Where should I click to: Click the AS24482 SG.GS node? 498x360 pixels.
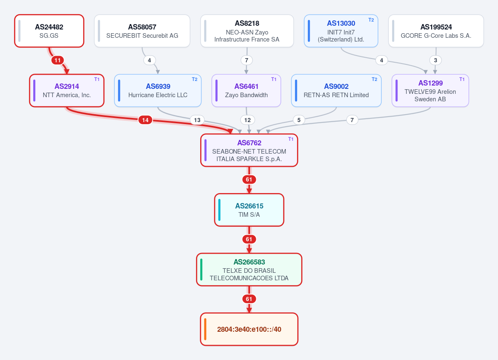pos(49,31)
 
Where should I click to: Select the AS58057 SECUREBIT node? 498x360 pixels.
pos(142,31)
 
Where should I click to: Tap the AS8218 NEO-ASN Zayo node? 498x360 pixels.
pos(247,31)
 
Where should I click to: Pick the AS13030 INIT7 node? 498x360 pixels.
pos(341,31)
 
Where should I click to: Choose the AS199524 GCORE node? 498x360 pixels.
pos(436,31)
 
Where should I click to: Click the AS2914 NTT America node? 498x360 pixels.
pos(67,91)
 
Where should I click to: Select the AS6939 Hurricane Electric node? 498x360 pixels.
pos(158,91)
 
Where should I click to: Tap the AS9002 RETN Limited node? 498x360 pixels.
pos(336,91)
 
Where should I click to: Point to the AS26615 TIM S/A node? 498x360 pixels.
pos(249,210)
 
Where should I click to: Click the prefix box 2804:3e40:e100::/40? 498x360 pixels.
pos(249,329)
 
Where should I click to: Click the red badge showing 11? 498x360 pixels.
pos(57,60)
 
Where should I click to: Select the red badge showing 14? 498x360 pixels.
pos(145,120)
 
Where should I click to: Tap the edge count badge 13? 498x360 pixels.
pos(197,120)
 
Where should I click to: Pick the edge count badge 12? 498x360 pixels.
pos(248,120)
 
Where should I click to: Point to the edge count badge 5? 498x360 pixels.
pos(299,120)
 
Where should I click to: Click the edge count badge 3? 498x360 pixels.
pos(435,60)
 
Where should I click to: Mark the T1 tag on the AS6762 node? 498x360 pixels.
pos(291,139)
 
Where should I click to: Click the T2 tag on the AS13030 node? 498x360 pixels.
pos(371,20)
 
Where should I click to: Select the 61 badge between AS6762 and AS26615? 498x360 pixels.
pos(249,180)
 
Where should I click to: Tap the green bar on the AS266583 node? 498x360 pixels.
pos(201,269)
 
